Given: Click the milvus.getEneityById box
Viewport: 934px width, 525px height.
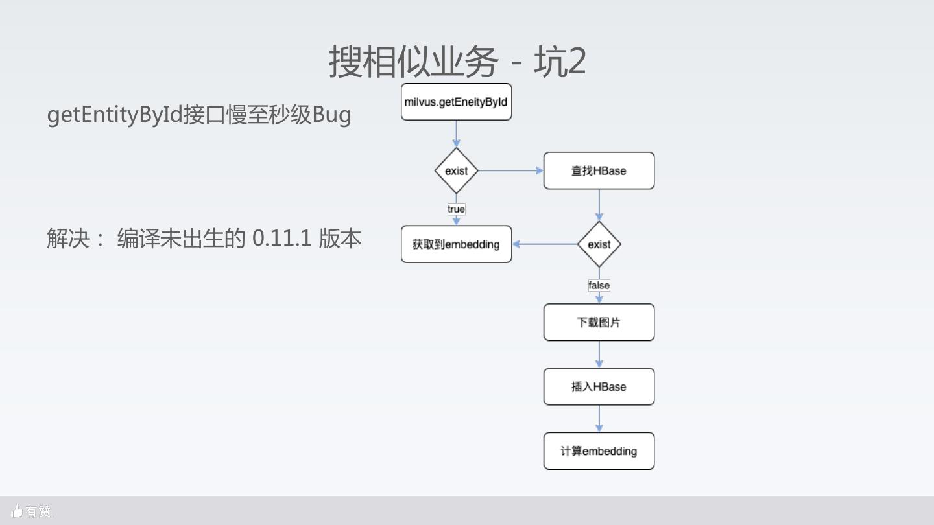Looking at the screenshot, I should pyautogui.click(x=456, y=102).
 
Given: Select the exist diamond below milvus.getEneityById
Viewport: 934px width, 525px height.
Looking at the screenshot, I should pyautogui.click(x=456, y=170).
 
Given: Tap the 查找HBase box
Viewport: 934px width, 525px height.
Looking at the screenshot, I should pyautogui.click(x=599, y=170).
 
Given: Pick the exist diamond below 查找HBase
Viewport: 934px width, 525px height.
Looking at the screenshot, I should pyautogui.click(x=599, y=244).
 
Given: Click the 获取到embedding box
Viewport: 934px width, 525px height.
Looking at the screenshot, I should pyautogui.click(x=456, y=244).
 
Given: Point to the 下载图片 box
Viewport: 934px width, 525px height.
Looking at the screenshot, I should pyautogui.click(x=599, y=322).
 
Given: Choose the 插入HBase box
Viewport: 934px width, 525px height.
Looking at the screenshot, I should pyautogui.click(x=599, y=387).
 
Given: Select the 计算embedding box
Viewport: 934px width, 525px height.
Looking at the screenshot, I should pyautogui.click(x=599, y=451).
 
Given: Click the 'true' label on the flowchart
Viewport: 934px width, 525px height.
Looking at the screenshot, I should pyautogui.click(x=456, y=209).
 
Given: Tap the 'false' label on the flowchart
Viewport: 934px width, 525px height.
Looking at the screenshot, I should pyautogui.click(x=599, y=285).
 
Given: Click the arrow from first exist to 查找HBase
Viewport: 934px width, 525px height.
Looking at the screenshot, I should pyautogui.click(x=510, y=170).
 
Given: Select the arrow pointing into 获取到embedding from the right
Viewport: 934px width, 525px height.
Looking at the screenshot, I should pyautogui.click(x=545, y=244).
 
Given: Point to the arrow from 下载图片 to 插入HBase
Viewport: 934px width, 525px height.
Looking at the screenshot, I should pyautogui.click(x=599, y=355).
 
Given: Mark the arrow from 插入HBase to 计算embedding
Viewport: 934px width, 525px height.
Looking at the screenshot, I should pyautogui.click(x=599, y=419).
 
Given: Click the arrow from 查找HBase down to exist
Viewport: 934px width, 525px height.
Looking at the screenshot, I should pyautogui.click(x=599, y=205).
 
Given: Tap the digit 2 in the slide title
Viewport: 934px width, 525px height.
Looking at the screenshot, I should pyautogui.click(x=575, y=62).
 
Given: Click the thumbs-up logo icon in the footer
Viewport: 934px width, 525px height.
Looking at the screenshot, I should pyautogui.click(x=17, y=511).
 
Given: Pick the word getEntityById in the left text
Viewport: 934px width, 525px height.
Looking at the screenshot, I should pyautogui.click(x=115, y=115).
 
